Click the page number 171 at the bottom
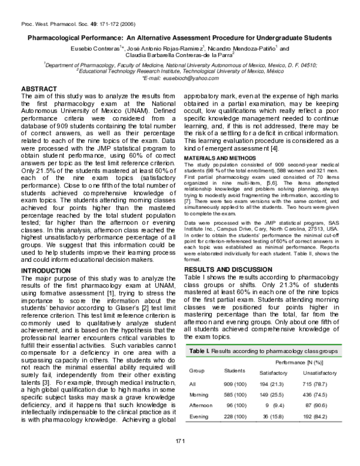point(180,442)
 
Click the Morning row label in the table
point(199,395)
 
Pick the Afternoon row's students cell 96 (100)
point(236,407)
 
